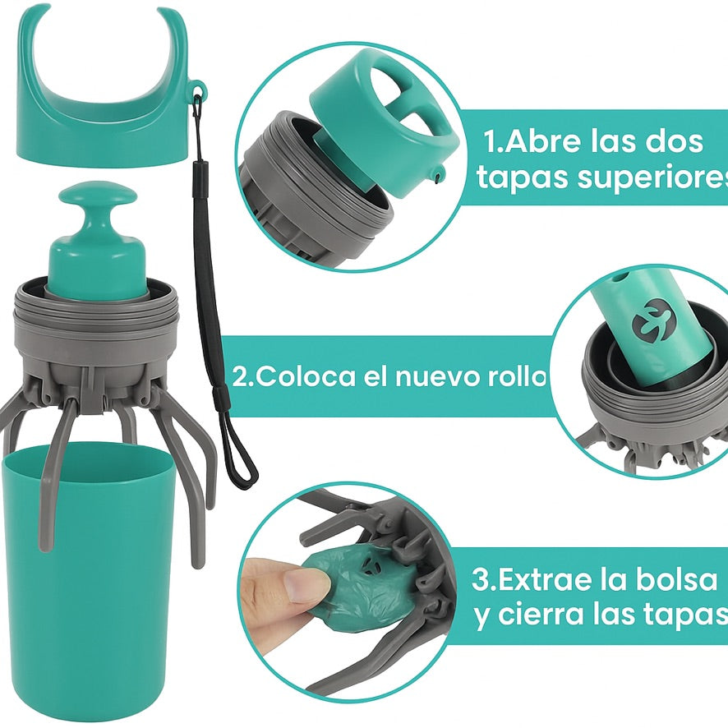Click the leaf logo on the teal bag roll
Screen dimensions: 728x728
tap(649, 323)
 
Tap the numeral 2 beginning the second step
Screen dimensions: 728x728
tap(240, 377)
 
